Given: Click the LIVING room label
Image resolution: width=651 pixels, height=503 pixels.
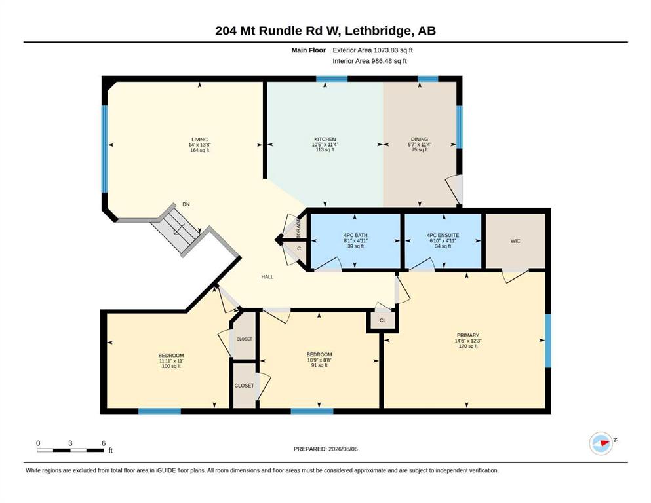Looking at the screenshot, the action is pyautogui.click(x=200, y=140).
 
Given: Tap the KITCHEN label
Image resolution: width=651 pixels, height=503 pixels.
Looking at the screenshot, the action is pyautogui.click(x=325, y=140).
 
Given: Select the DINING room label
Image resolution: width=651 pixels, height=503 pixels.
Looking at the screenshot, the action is pyautogui.click(x=420, y=140).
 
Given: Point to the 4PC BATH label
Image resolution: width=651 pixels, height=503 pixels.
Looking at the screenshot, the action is pyautogui.click(x=355, y=236).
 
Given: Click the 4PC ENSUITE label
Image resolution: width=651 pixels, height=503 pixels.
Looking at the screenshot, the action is pyautogui.click(x=443, y=236).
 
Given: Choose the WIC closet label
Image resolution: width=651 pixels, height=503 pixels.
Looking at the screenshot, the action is pyautogui.click(x=515, y=241).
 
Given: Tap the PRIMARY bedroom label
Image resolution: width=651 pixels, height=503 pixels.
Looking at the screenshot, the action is pyautogui.click(x=468, y=335).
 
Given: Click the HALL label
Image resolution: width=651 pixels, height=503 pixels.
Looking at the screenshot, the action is pyautogui.click(x=267, y=276).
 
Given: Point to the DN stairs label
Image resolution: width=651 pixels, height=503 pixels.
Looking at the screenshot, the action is pyautogui.click(x=186, y=204).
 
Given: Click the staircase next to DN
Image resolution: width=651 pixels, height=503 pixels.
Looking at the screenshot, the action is pyautogui.click(x=177, y=229).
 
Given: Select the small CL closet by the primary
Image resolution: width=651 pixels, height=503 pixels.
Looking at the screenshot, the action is pyautogui.click(x=382, y=320).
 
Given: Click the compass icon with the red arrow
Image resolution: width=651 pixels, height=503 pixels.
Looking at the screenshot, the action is pyautogui.click(x=601, y=443).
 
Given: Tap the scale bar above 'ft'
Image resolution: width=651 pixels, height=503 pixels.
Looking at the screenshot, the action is pyautogui.click(x=70, y=450).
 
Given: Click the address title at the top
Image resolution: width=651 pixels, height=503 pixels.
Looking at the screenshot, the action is pyautogui.click(x=325, y=31).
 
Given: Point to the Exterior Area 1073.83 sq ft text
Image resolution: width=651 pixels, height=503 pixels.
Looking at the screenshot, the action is pyautogui.click(x=372, y=50).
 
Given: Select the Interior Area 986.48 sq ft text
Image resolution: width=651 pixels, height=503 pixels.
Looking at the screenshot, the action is pyautogui.click(x=370, y=61).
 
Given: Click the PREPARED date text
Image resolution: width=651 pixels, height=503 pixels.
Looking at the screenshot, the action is pyautogui.click(x=325, y=449).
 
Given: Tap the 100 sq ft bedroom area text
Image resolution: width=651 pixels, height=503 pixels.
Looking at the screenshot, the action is pyautogui.click(x=171, y=366).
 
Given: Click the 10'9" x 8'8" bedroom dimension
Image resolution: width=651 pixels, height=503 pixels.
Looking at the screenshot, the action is pyautogui.click(x=319, y=360).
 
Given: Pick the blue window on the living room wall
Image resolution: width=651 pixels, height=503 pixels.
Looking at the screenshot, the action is pyautogui.click(x=104, y=149).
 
